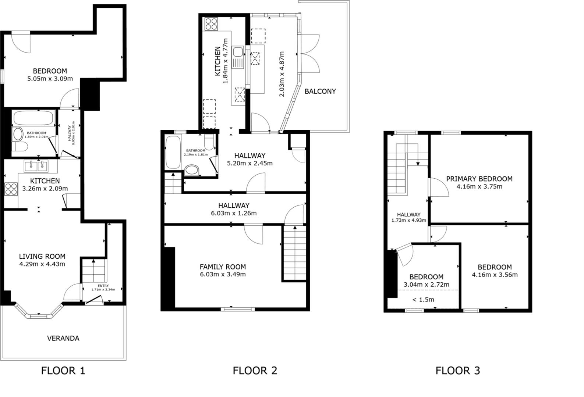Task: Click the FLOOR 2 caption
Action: tap(255, 371)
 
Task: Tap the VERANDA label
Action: tap(63, 338)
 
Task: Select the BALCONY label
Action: tap(320, 91)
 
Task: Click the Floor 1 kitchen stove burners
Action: tap(11, 189)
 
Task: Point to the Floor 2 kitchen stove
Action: tap(211, 24)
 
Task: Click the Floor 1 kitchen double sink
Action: tap(36, 167)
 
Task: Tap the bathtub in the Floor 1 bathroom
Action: tap(33, 118)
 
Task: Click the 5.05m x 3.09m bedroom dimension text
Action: tap(50, 79)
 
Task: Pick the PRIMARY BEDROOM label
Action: tap(479, 179)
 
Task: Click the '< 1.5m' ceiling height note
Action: tap(423, 300)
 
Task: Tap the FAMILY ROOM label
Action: tap(223, 267)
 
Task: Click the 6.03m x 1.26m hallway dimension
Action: tap(234, 213)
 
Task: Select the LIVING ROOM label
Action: tap(42, 257)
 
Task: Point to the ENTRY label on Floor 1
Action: tap(103, 286)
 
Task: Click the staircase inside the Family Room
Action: tap(294, 254)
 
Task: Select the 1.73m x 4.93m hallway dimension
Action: tap(408, 221)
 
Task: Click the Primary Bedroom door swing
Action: tap(439, 187)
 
